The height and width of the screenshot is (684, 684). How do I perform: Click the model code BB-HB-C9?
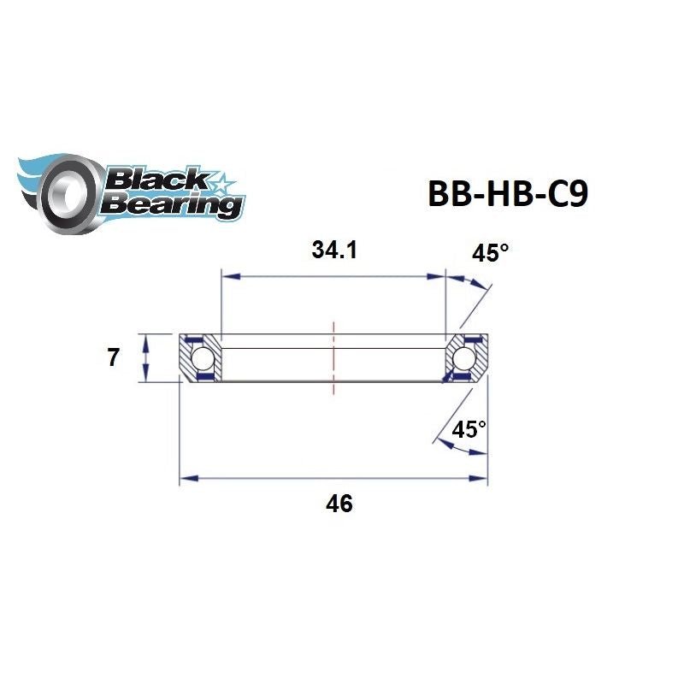(506, 192)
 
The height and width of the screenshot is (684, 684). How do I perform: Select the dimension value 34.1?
(335, 251)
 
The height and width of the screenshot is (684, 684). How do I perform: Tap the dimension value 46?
(339, 504)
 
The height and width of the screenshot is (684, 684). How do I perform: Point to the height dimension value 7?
(114, 357)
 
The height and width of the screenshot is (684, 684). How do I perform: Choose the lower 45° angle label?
(469, 429)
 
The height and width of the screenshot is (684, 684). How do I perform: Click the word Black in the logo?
(155, 180)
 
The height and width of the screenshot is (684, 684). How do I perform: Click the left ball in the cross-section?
(203, 357)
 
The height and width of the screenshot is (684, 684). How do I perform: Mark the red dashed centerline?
(333, 357)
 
